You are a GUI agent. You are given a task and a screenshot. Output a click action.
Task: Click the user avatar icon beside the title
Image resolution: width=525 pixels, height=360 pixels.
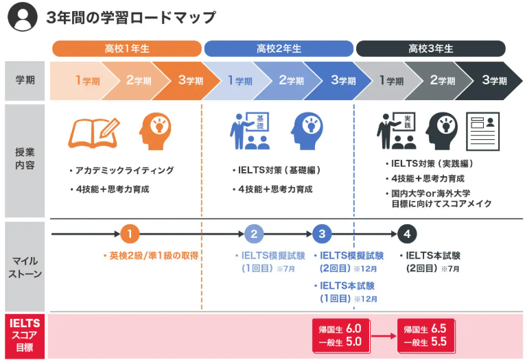point(22,16)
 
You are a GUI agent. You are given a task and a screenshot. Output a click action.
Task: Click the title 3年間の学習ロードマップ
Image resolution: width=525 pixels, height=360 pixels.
point(130,17)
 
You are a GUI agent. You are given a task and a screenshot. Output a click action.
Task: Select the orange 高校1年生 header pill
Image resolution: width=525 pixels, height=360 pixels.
point(127,49)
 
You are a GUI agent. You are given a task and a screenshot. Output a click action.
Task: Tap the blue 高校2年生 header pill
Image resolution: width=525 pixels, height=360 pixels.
point(279,49)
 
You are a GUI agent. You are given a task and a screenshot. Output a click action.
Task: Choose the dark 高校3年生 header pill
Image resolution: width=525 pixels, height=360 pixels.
point(430,49)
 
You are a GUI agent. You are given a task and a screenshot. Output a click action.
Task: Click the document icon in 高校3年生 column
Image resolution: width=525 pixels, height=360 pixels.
point(483,131)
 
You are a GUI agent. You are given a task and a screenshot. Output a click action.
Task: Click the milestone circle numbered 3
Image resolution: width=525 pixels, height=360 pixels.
point(322,234)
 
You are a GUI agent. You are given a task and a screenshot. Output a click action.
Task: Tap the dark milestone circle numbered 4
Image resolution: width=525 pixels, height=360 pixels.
point(407,234)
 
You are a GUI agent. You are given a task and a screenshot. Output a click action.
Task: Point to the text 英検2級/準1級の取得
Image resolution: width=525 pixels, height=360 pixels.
point(154,256)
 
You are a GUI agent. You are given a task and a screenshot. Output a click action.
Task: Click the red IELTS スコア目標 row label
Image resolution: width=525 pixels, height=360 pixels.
point(25,335)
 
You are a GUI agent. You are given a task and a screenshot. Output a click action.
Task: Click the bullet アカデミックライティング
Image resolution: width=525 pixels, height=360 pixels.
point(121,170)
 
